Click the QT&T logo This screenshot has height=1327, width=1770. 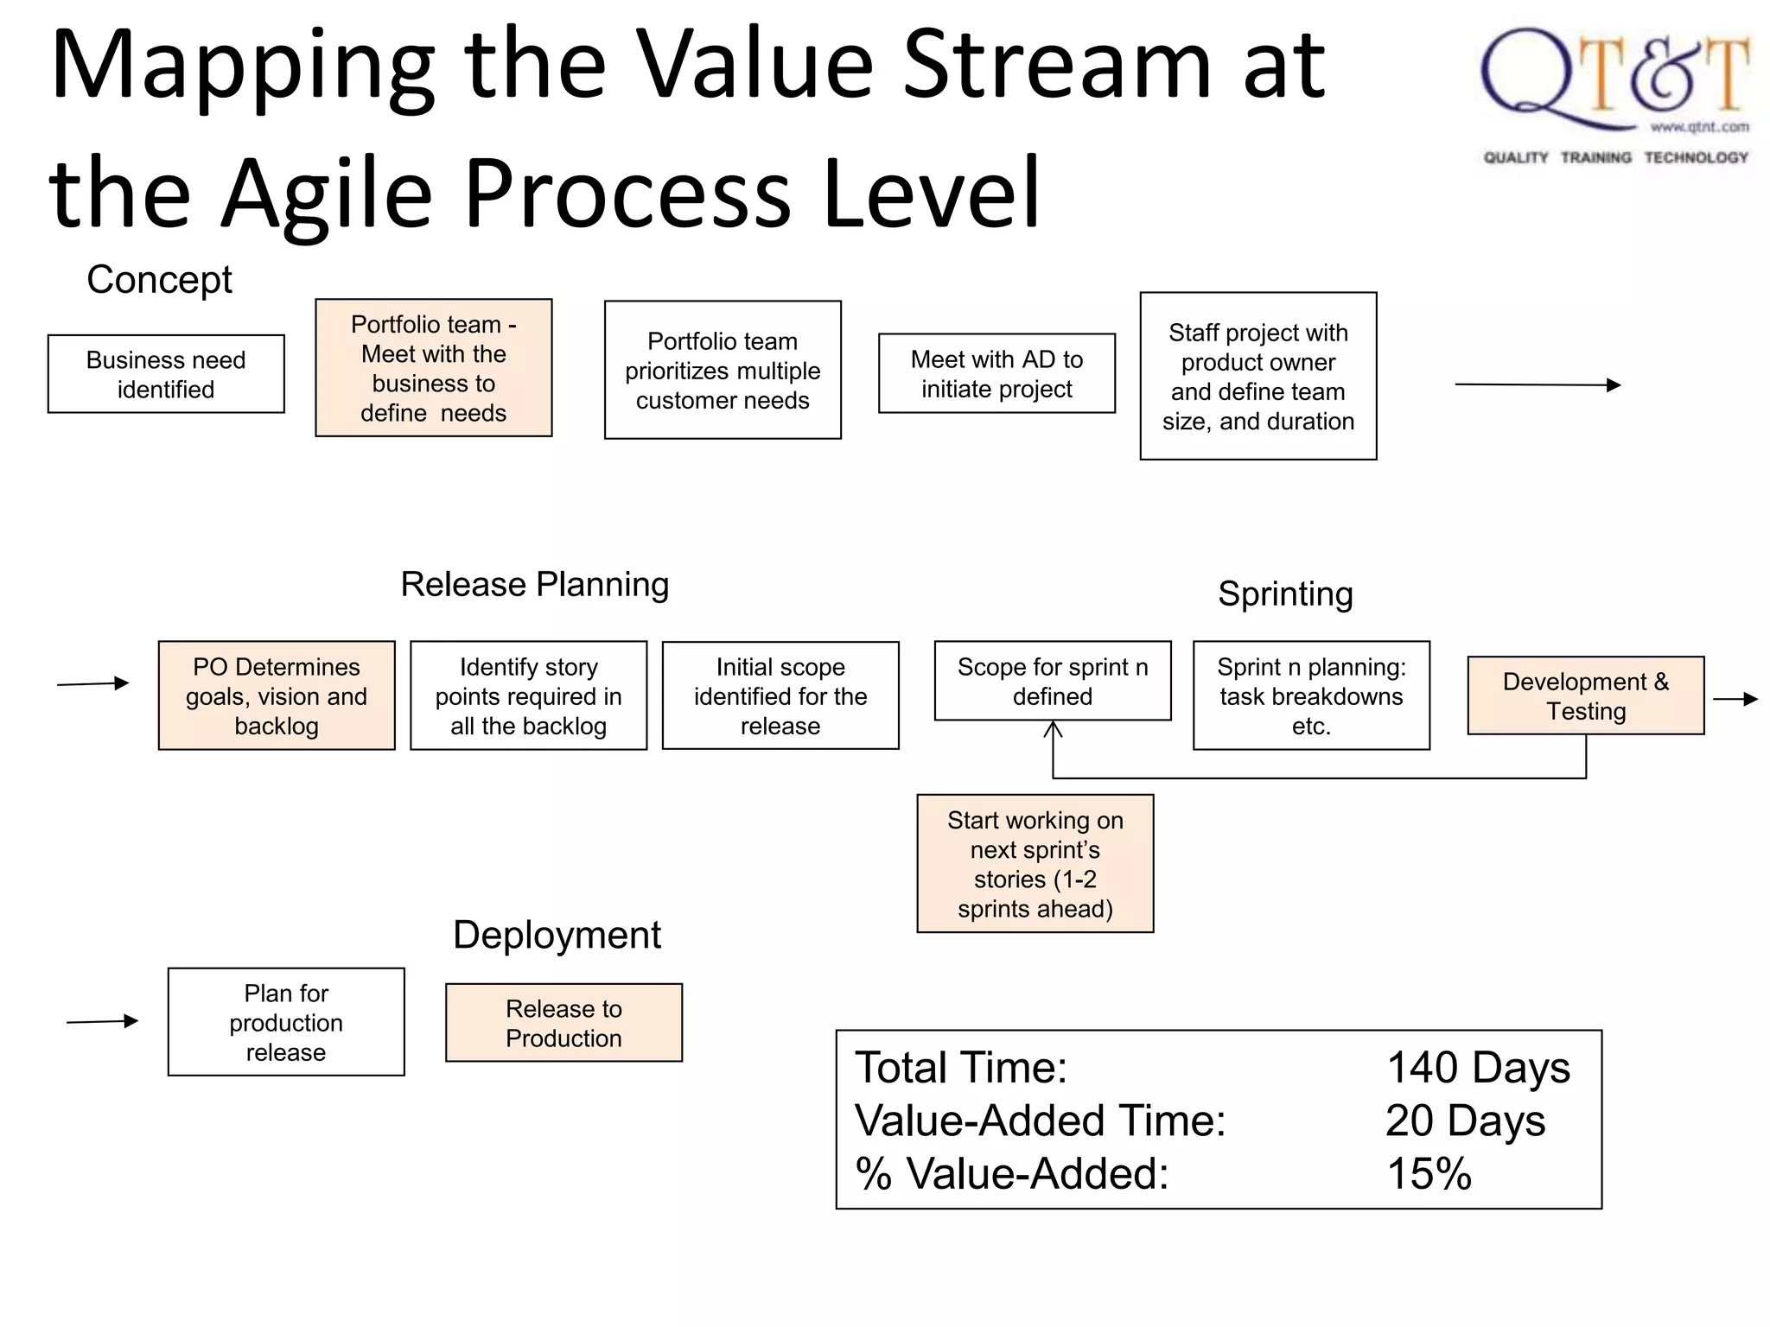tap(1614, 95)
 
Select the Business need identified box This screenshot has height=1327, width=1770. tap(166, 374)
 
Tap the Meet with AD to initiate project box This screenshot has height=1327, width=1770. tap(996, 374)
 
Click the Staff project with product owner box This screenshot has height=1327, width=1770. tap(1257, 377)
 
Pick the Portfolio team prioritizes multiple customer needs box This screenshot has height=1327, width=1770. tap(723, 371)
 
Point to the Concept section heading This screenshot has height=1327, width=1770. tap(159, 280)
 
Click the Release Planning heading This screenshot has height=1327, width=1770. tap(534, 585)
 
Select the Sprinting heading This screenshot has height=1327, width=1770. tap(1285, 594)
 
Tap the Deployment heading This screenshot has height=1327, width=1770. tap(557, 935)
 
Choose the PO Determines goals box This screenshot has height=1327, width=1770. tap(277, 696)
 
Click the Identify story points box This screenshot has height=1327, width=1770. tap(528, 696)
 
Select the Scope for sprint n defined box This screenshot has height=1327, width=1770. tap(1053, 682)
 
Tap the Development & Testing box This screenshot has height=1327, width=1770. tap(1586, 696)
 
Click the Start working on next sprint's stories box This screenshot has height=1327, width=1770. tap(1035, 864)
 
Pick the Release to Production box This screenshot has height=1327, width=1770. tap(563, 1023)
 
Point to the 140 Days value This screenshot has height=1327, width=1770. tap(1478, 1068)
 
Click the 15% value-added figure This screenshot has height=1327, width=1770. tap(1429, 1174)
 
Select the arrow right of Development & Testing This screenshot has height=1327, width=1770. tap(1735, 699)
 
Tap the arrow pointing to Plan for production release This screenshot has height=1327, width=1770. tap(103, 1021)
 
